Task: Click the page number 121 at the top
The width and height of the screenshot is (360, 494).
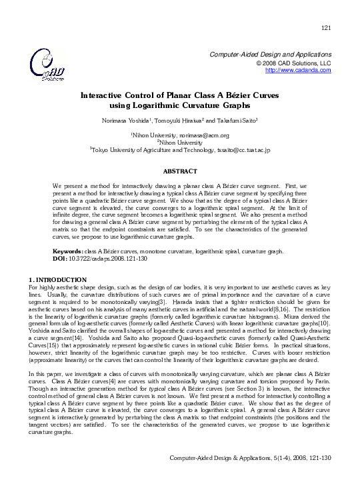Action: pos(326,27)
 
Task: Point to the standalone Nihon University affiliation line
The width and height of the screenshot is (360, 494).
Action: pos(180,142)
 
